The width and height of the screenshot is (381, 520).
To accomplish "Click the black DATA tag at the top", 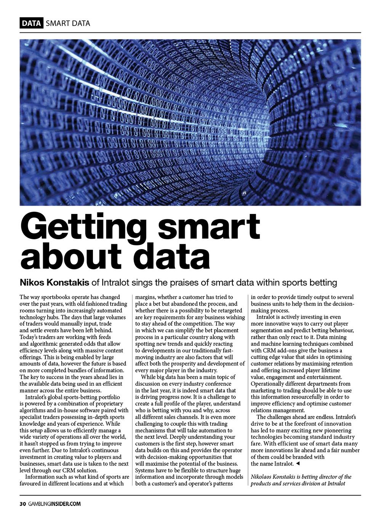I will point(32,23).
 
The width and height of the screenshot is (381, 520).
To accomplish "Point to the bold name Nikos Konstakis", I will point(54,283).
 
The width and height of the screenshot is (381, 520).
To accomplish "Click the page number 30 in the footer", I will point(22,504).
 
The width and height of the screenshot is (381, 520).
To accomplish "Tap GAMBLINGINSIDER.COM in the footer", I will point(54,504).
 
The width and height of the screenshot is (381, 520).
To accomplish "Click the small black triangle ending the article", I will point(298,464).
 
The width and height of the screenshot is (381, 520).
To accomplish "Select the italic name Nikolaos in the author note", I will point(263,477).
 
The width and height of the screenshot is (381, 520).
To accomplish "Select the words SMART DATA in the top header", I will point(68,23).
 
